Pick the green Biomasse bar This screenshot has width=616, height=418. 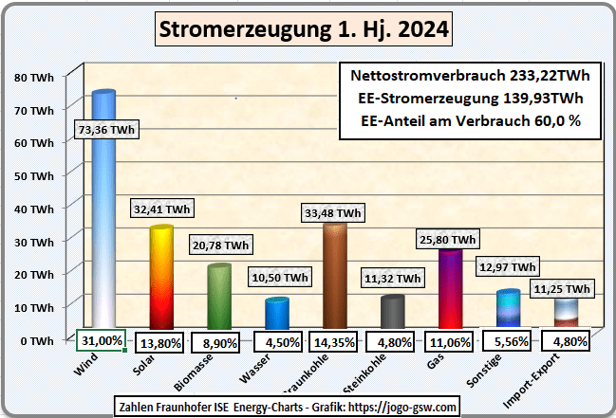pyautogui.click(x=220, y=299)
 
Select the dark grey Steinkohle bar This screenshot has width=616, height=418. pyautogui.click(x=392, y=314)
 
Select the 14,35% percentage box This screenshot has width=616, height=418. pyautogui.click(x=334, y=340)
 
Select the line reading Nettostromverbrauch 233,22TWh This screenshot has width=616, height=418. pyautogui.click(x=471, y=76)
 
